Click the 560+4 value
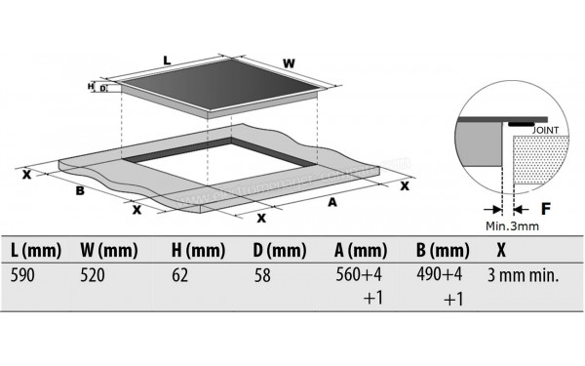(355, 276)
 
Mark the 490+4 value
(436, 276)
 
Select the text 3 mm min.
(523, 276)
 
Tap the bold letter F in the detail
(546, 207)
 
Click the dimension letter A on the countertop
(331, 203)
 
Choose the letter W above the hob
(289, 64)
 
